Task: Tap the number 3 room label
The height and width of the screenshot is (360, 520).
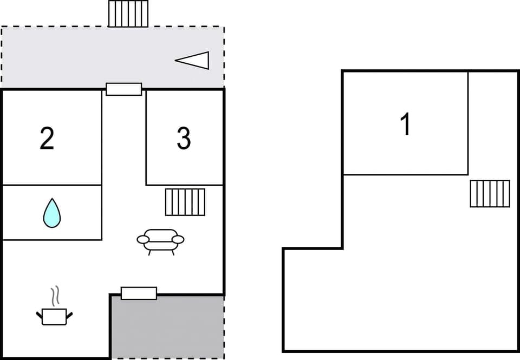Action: (x=184, y=139)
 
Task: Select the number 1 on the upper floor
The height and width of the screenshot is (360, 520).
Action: (x=405, y=124)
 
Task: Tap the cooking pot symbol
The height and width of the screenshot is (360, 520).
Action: (x=54, y=316)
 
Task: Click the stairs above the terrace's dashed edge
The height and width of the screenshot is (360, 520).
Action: (x=128, y=14)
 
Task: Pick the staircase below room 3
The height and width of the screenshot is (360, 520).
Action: (x=185, y=202)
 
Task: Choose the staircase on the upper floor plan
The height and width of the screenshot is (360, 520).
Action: (x=490, y=193)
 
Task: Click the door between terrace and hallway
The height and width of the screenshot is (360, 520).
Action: (x=123, y=89)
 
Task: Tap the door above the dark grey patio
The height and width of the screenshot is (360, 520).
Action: (x=139, y=293)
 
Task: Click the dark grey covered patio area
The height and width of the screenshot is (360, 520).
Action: (x=168, y=328)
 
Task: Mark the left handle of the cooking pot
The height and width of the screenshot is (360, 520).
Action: (x=39, y=313)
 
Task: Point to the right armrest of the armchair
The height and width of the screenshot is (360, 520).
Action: (x=178, y=239)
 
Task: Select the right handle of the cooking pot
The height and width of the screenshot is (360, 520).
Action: (x=69, y=313)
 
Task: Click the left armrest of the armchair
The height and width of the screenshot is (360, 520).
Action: (x=143, y=239)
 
